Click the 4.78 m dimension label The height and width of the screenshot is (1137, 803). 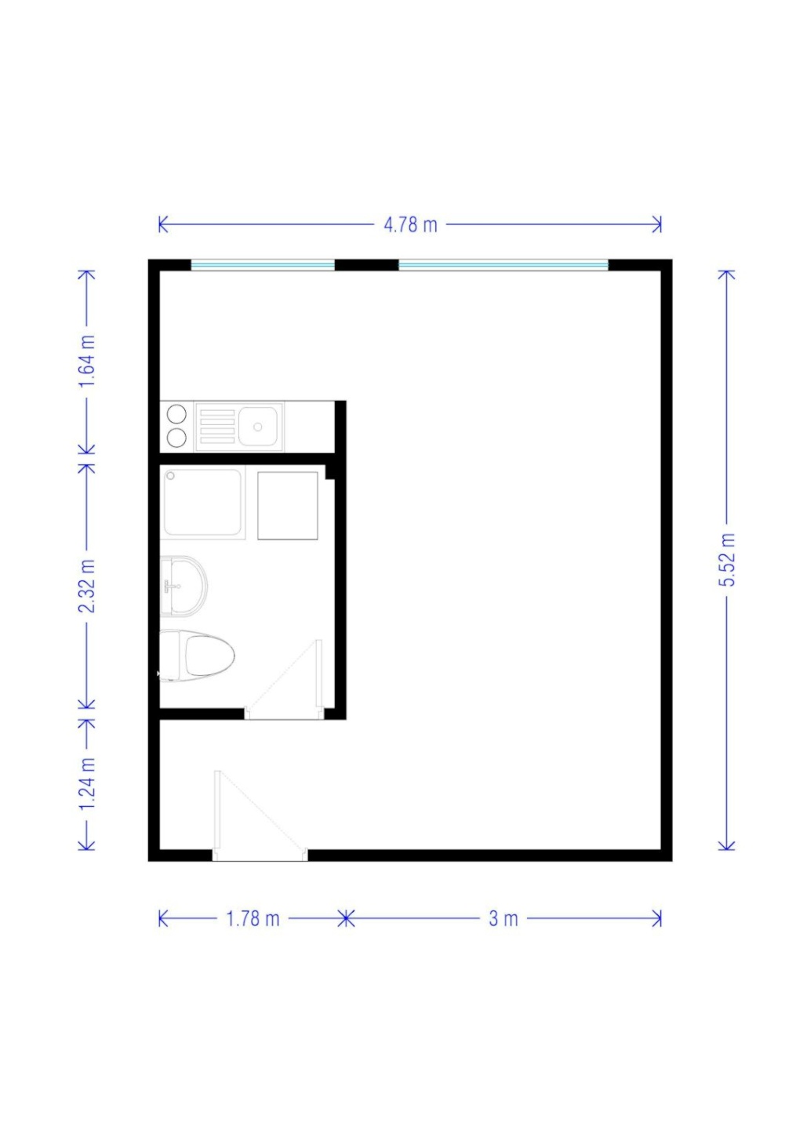tap(410, 224)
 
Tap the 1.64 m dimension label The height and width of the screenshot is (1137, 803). tap(87, 361)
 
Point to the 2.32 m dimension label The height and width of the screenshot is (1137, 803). tap(87, 586)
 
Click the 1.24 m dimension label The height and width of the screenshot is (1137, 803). tap(87, 783)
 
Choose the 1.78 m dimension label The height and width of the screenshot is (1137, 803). tap(253, 919)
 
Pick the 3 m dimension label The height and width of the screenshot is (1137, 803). tap(503, 919)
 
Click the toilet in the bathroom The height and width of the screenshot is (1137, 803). tap(197, 656)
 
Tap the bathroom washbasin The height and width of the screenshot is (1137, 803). tap(183, 587)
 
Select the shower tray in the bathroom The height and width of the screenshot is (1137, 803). tap(202, 502)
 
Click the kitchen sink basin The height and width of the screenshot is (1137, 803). tap(258, 426)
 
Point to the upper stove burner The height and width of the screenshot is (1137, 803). tap(176, 414)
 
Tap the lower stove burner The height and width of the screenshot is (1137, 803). tap(176, 438)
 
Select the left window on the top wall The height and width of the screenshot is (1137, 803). tap(263, 264)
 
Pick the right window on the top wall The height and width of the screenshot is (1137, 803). tap(503, 264)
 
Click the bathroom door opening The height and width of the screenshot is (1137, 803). tap(284, 713)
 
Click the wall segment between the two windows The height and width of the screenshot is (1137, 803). tap(366, 264)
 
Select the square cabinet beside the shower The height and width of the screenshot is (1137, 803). tap(288, 506)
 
